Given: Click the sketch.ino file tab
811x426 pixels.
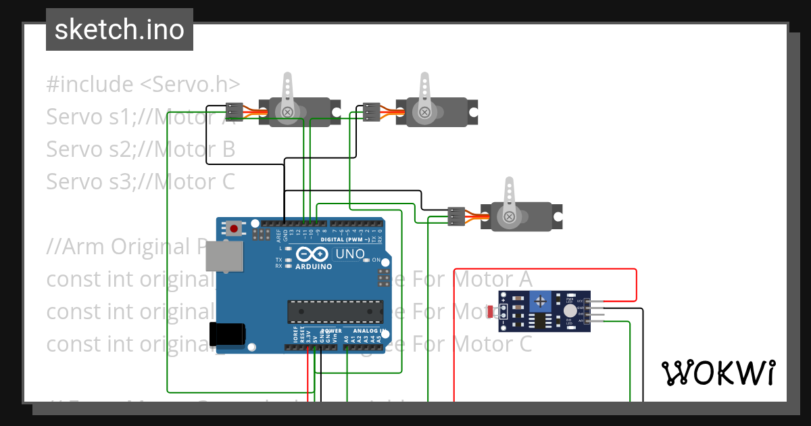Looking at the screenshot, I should [x=120, y=30].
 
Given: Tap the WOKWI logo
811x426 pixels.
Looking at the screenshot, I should [x=717, y=373].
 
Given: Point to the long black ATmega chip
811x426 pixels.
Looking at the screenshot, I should [x=335, y=311].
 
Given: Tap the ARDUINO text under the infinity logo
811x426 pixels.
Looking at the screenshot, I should [x=314, y=266].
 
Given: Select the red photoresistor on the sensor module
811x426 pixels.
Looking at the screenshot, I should [x=491, y=311].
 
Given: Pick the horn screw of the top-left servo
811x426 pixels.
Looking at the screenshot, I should [x=288, y=112].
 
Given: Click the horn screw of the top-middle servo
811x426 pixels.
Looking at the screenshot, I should [x=424, y=112].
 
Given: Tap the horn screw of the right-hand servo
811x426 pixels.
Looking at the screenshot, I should [x=508, y=216].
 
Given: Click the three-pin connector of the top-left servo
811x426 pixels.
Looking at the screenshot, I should [x=234, y=110].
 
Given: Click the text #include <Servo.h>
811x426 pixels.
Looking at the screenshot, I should [x=143, y=85].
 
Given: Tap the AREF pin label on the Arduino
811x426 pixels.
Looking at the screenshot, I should [x=278, y=235].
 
